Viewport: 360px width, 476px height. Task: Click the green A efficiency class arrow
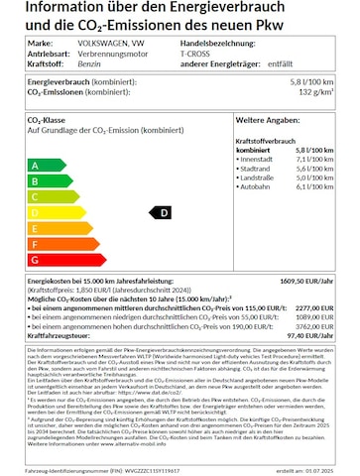pos(46,165)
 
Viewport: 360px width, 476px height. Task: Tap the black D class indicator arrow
pos(159,212)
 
